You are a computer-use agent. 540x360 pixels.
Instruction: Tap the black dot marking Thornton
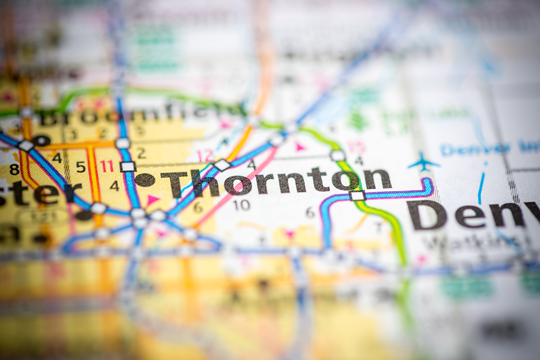pos(144,180)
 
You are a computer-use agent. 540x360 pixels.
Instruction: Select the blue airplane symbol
pos(423,162)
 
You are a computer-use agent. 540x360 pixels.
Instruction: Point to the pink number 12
pos(205,155)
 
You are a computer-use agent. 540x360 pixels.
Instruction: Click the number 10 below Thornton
pos(242,205)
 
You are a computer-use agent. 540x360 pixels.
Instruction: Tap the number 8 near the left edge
pos(14,169)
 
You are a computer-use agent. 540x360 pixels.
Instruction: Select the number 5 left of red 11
pos(81,167)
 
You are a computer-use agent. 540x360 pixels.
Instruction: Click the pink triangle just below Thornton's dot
pos(152,200)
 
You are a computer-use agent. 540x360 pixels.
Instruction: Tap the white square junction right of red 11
pos(128,167)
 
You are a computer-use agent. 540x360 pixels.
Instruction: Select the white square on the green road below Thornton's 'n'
pos(357,196)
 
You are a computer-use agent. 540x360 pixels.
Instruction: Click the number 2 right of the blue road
pos(141,153)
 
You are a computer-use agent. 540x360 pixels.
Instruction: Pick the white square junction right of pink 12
pos(222,165)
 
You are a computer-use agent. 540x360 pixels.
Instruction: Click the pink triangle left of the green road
pos(300,147)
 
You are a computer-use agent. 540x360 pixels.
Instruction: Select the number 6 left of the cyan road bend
pos(310,212)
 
